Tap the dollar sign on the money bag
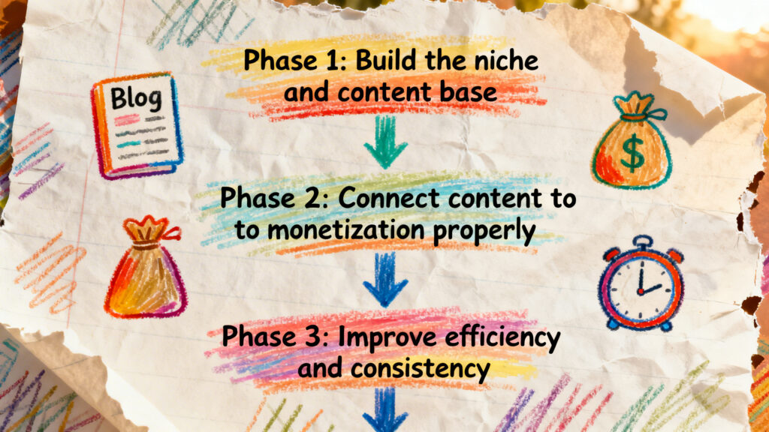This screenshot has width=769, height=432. (632, 154)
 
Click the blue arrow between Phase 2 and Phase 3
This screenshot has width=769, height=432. (384, 277)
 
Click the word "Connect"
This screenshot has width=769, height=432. (395, 199)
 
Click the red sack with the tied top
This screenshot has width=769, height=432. (146, 270)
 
